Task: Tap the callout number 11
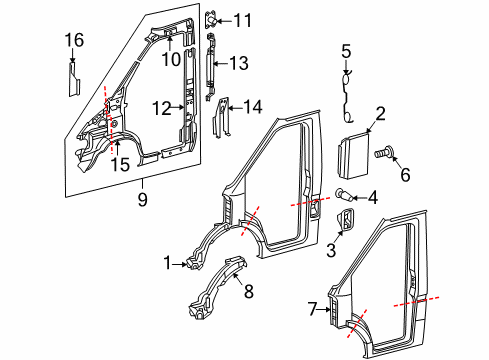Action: click(244, 19)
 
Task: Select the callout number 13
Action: click(237, 63)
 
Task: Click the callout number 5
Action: click(346, 51)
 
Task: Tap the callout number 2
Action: click(380, 113)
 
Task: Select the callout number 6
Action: click(405, 175)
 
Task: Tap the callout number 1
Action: click(167, 263)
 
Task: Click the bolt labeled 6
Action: click(382, 154)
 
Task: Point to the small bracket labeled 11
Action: click(213, 19)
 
